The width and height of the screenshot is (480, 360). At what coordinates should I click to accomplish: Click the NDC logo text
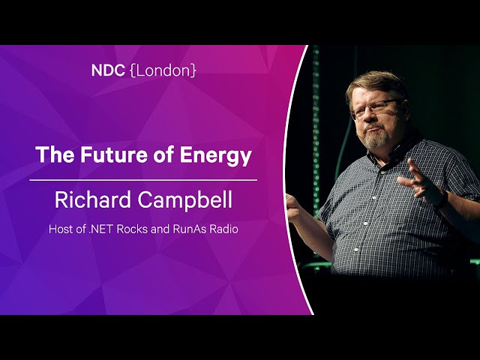point(108,70)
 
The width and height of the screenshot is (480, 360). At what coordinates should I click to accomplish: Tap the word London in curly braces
point(163,70)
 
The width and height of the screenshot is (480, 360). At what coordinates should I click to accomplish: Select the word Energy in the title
point(215,156)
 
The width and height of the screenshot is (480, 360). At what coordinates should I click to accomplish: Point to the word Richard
point(93,199)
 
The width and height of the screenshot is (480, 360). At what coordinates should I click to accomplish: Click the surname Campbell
point(184,199)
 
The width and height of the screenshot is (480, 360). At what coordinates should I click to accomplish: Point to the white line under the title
point(143,180)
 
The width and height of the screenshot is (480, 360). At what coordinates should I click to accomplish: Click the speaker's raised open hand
point(421,181)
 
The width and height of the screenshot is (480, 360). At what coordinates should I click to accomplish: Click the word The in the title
point(55,154)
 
